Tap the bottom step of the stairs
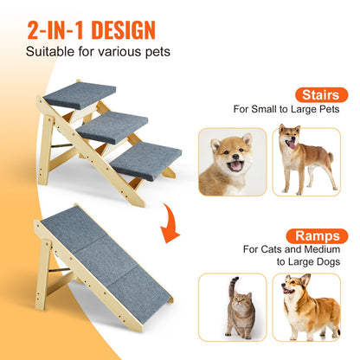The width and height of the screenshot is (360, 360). click(145, 160)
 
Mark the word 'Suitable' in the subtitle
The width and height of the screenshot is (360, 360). click(48, 53)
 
